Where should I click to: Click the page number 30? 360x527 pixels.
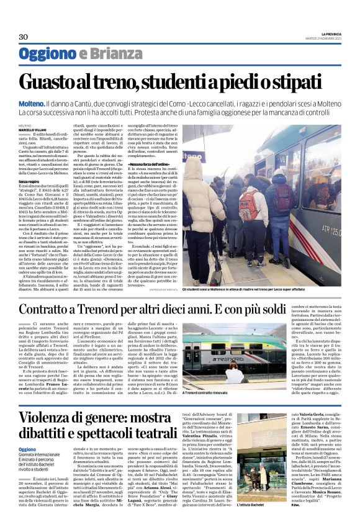24,37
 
